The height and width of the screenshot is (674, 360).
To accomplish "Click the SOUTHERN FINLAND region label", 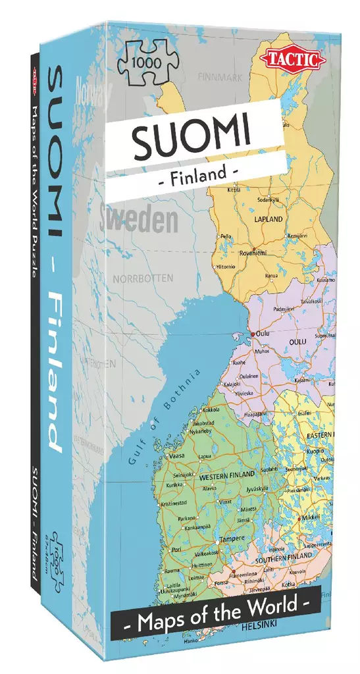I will [283, 560].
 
